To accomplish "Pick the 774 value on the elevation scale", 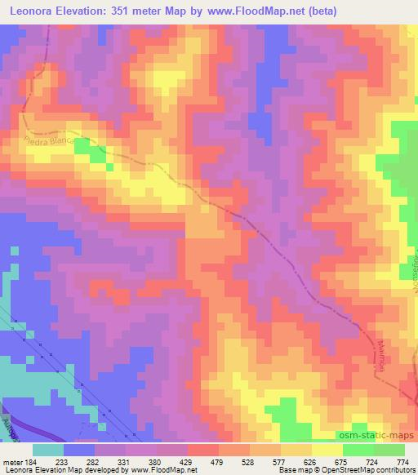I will [x=402, y=462].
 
